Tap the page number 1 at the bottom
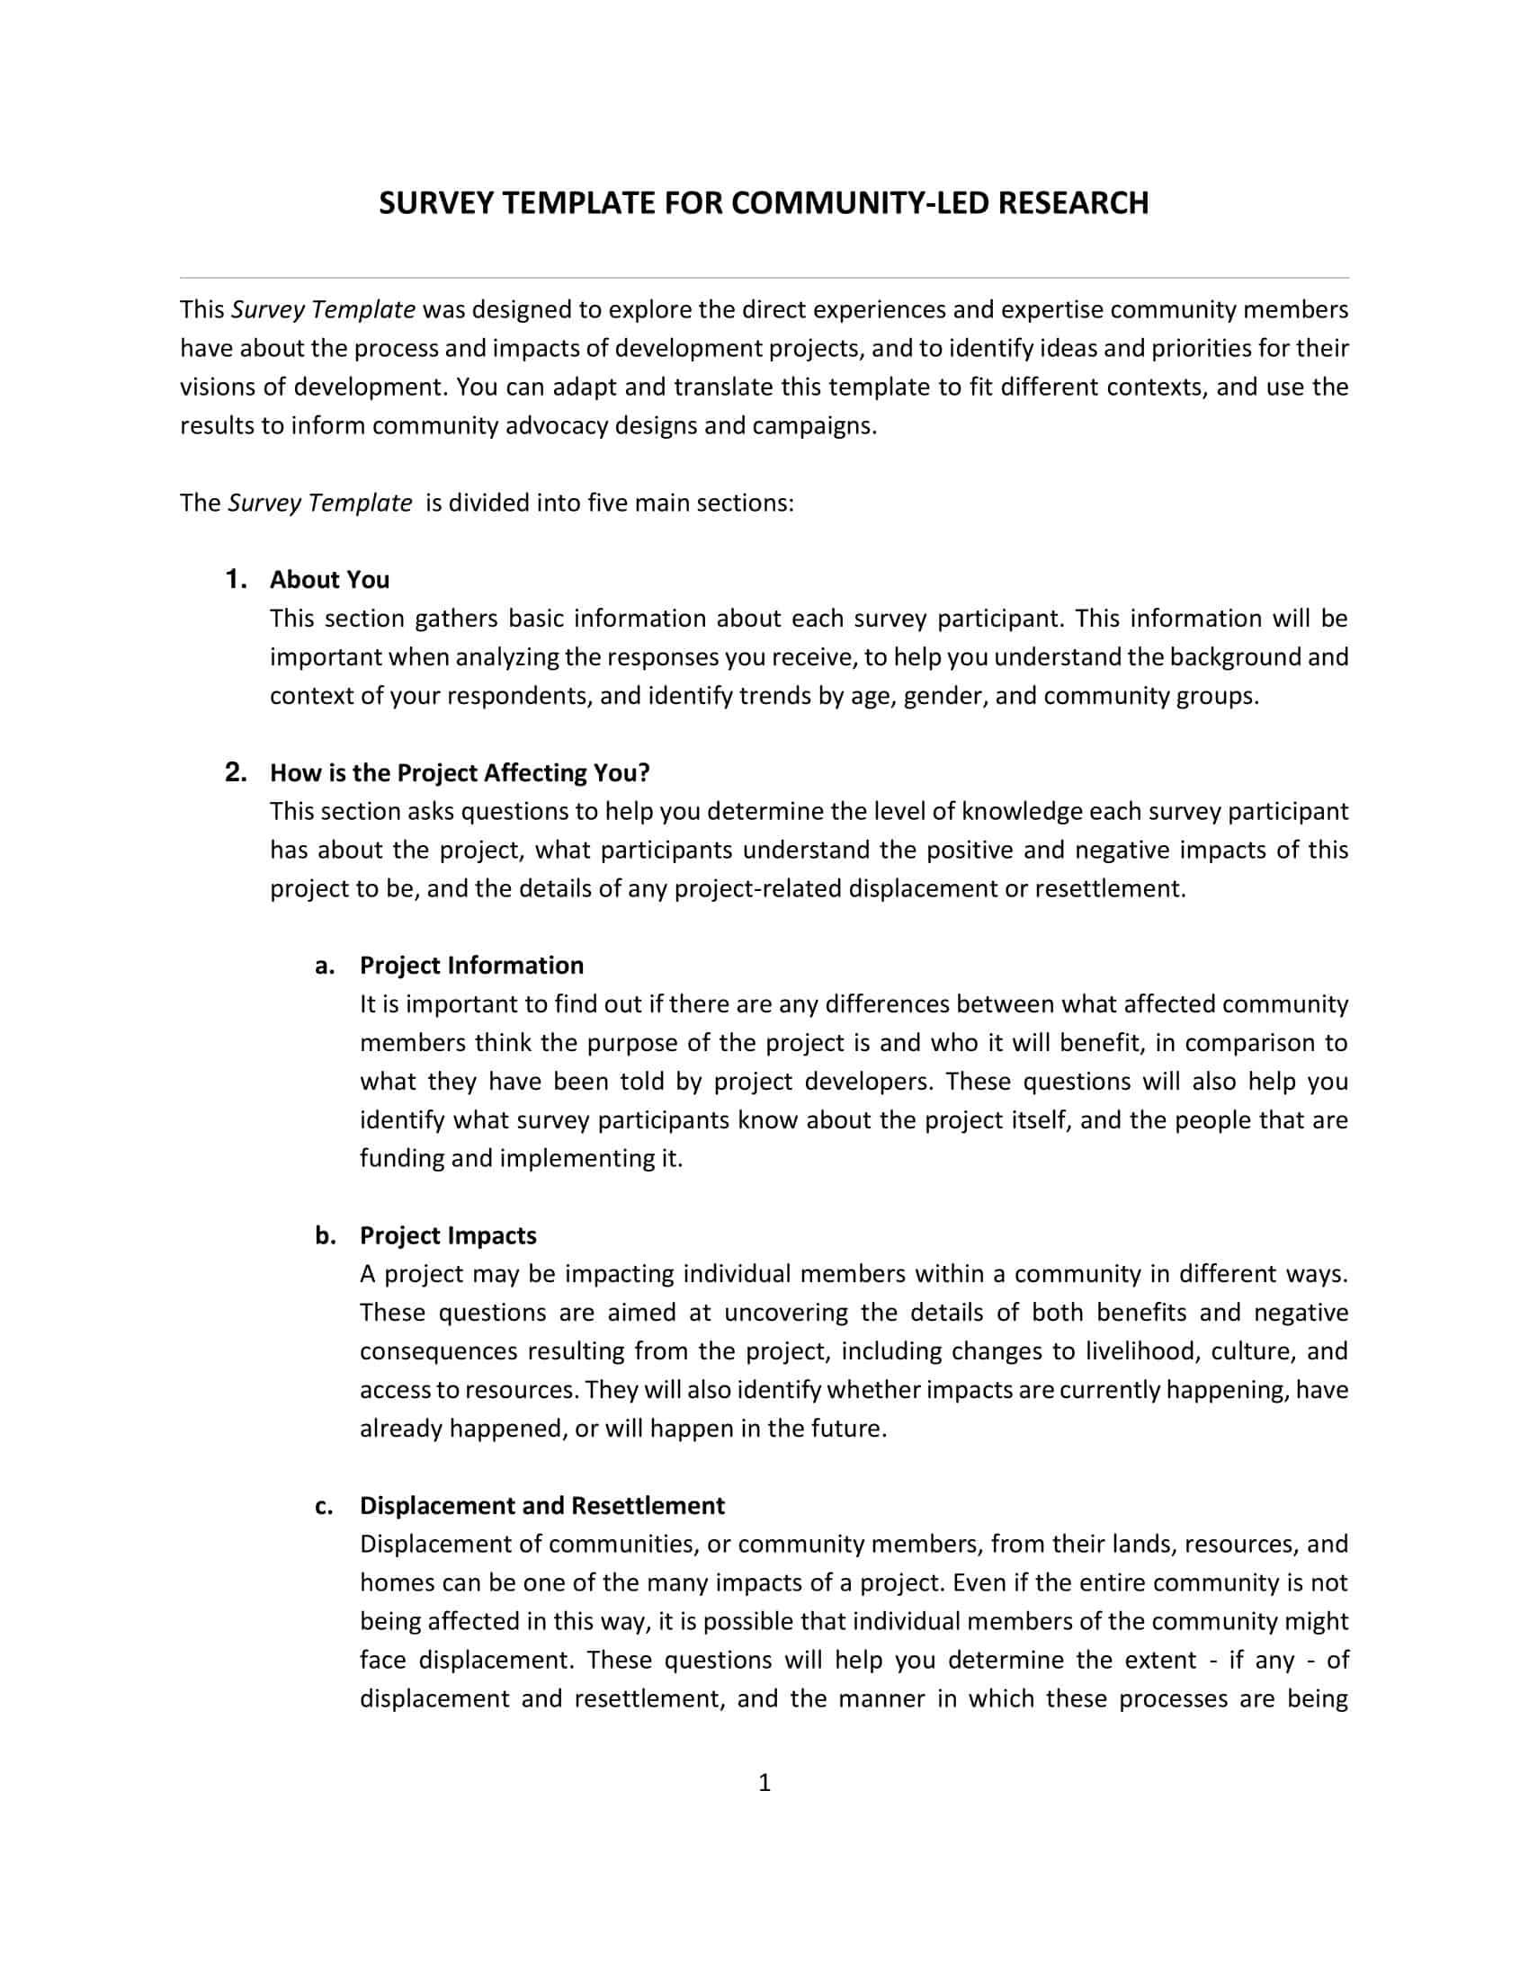tap(764, 1782)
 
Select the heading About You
tap(329, 580)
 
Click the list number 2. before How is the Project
tap(236, 771)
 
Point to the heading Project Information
tap(471, 965)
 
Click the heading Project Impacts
tap(448, 1235)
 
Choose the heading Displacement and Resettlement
tap(541, 1505)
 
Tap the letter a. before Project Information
tap(325, 966)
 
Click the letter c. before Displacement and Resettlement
tap(325, 1506)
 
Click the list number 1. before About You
tap(236, 579)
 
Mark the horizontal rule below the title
tap(764, 277)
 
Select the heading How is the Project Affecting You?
tap(460, 772)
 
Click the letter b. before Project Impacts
tap(325, 1235)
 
